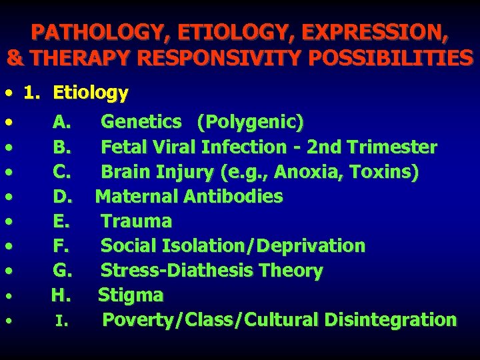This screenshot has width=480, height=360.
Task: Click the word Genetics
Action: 141,122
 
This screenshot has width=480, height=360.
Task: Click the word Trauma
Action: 136,221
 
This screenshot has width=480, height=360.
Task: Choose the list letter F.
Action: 61,246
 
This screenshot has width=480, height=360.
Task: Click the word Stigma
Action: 131,295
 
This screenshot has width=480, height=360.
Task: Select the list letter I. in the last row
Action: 61,321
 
